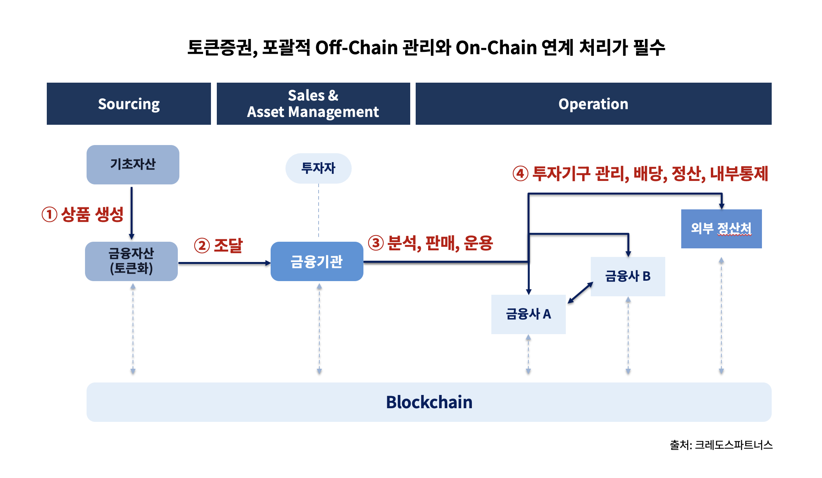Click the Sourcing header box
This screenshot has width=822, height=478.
(129, 104)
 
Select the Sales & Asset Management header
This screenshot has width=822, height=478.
(313, 104)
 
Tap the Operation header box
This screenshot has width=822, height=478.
(593, 104)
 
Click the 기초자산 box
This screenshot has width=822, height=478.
(133, 165)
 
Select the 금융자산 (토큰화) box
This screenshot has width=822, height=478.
(131, 261)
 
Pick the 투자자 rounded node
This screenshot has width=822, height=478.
(318, 168)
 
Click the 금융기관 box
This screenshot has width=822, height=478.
(317, 261)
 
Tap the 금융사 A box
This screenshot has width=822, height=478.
(528, 314)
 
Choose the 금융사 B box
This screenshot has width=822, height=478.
(627, 276)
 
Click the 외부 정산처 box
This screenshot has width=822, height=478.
(721, 228)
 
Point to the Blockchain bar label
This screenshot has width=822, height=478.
(429, 402)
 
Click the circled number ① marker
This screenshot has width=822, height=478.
(50, 214)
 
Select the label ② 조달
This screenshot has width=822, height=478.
(218, 246)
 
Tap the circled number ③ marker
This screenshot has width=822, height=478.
(376, 243)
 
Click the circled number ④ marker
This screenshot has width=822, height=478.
(520, 173)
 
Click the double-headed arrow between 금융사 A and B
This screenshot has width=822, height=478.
(580, 293)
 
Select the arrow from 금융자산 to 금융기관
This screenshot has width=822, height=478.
(224, 263)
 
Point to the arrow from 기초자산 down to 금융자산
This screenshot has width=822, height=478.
(131, 213)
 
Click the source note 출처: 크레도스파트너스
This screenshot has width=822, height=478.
(721, 445)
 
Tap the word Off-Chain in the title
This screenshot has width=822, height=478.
(356, 48)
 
